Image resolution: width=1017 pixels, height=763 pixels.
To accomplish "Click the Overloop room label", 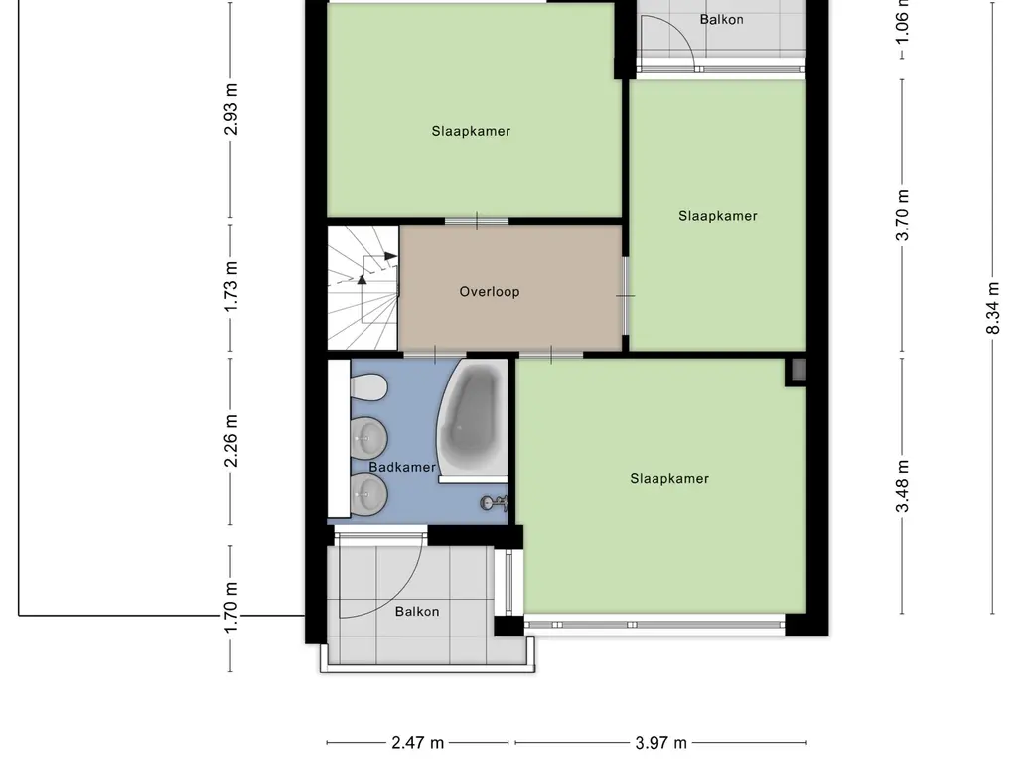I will point(490,292).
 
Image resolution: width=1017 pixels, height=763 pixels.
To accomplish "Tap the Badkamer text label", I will point(402,467).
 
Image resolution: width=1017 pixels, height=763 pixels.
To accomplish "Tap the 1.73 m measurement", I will point(231,287).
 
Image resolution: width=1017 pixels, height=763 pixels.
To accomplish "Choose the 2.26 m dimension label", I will point(231,442).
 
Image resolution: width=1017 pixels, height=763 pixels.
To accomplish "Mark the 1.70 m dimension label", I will point(231,619).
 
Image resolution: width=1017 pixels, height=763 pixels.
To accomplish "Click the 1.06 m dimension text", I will point(902,22).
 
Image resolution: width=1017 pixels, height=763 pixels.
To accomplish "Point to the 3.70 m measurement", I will point(902,216).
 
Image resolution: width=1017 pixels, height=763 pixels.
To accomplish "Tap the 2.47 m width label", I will point(418,742).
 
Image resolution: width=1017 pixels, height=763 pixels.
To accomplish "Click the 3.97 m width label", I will point(661,742).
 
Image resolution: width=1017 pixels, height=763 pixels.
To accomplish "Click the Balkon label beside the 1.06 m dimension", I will point(721,19).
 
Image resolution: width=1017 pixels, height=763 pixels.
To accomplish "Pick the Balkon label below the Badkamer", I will point(417,612).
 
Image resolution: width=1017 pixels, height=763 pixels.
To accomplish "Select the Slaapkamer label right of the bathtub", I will point(669,478).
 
